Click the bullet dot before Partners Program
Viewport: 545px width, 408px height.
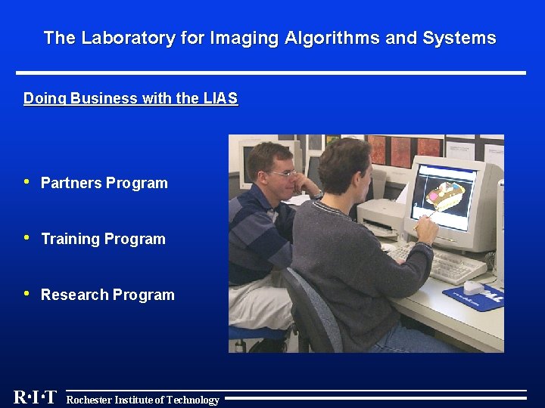[27, 181]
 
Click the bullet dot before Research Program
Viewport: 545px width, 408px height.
[27, 293]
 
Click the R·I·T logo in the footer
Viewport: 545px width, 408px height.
[35, 397]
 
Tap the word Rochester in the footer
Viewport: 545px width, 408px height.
[89, 400]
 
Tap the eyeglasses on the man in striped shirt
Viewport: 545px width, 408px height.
[282, 174]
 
